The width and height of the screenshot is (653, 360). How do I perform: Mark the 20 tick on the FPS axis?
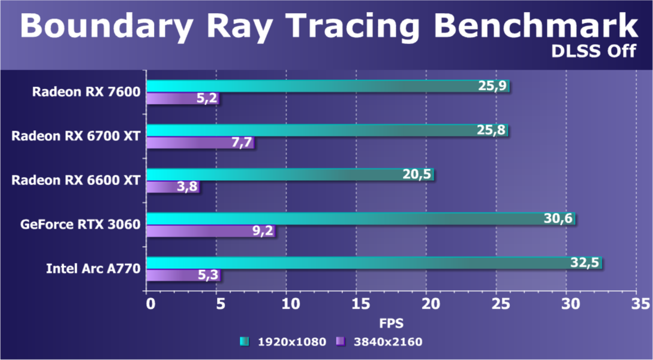click(426, 304)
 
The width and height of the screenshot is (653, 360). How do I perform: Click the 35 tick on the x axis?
click(636, 304)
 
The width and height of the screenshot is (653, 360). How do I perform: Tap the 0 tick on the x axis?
click(150, 304)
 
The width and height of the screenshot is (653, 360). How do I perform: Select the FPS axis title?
click(391, 323)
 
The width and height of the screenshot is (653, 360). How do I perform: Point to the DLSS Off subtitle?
click(594, 50)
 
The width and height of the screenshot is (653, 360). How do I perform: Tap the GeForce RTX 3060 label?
click(80, 225)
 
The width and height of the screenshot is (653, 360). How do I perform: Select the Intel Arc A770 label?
click(93, 269)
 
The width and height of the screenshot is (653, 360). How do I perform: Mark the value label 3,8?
click(184, 187)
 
